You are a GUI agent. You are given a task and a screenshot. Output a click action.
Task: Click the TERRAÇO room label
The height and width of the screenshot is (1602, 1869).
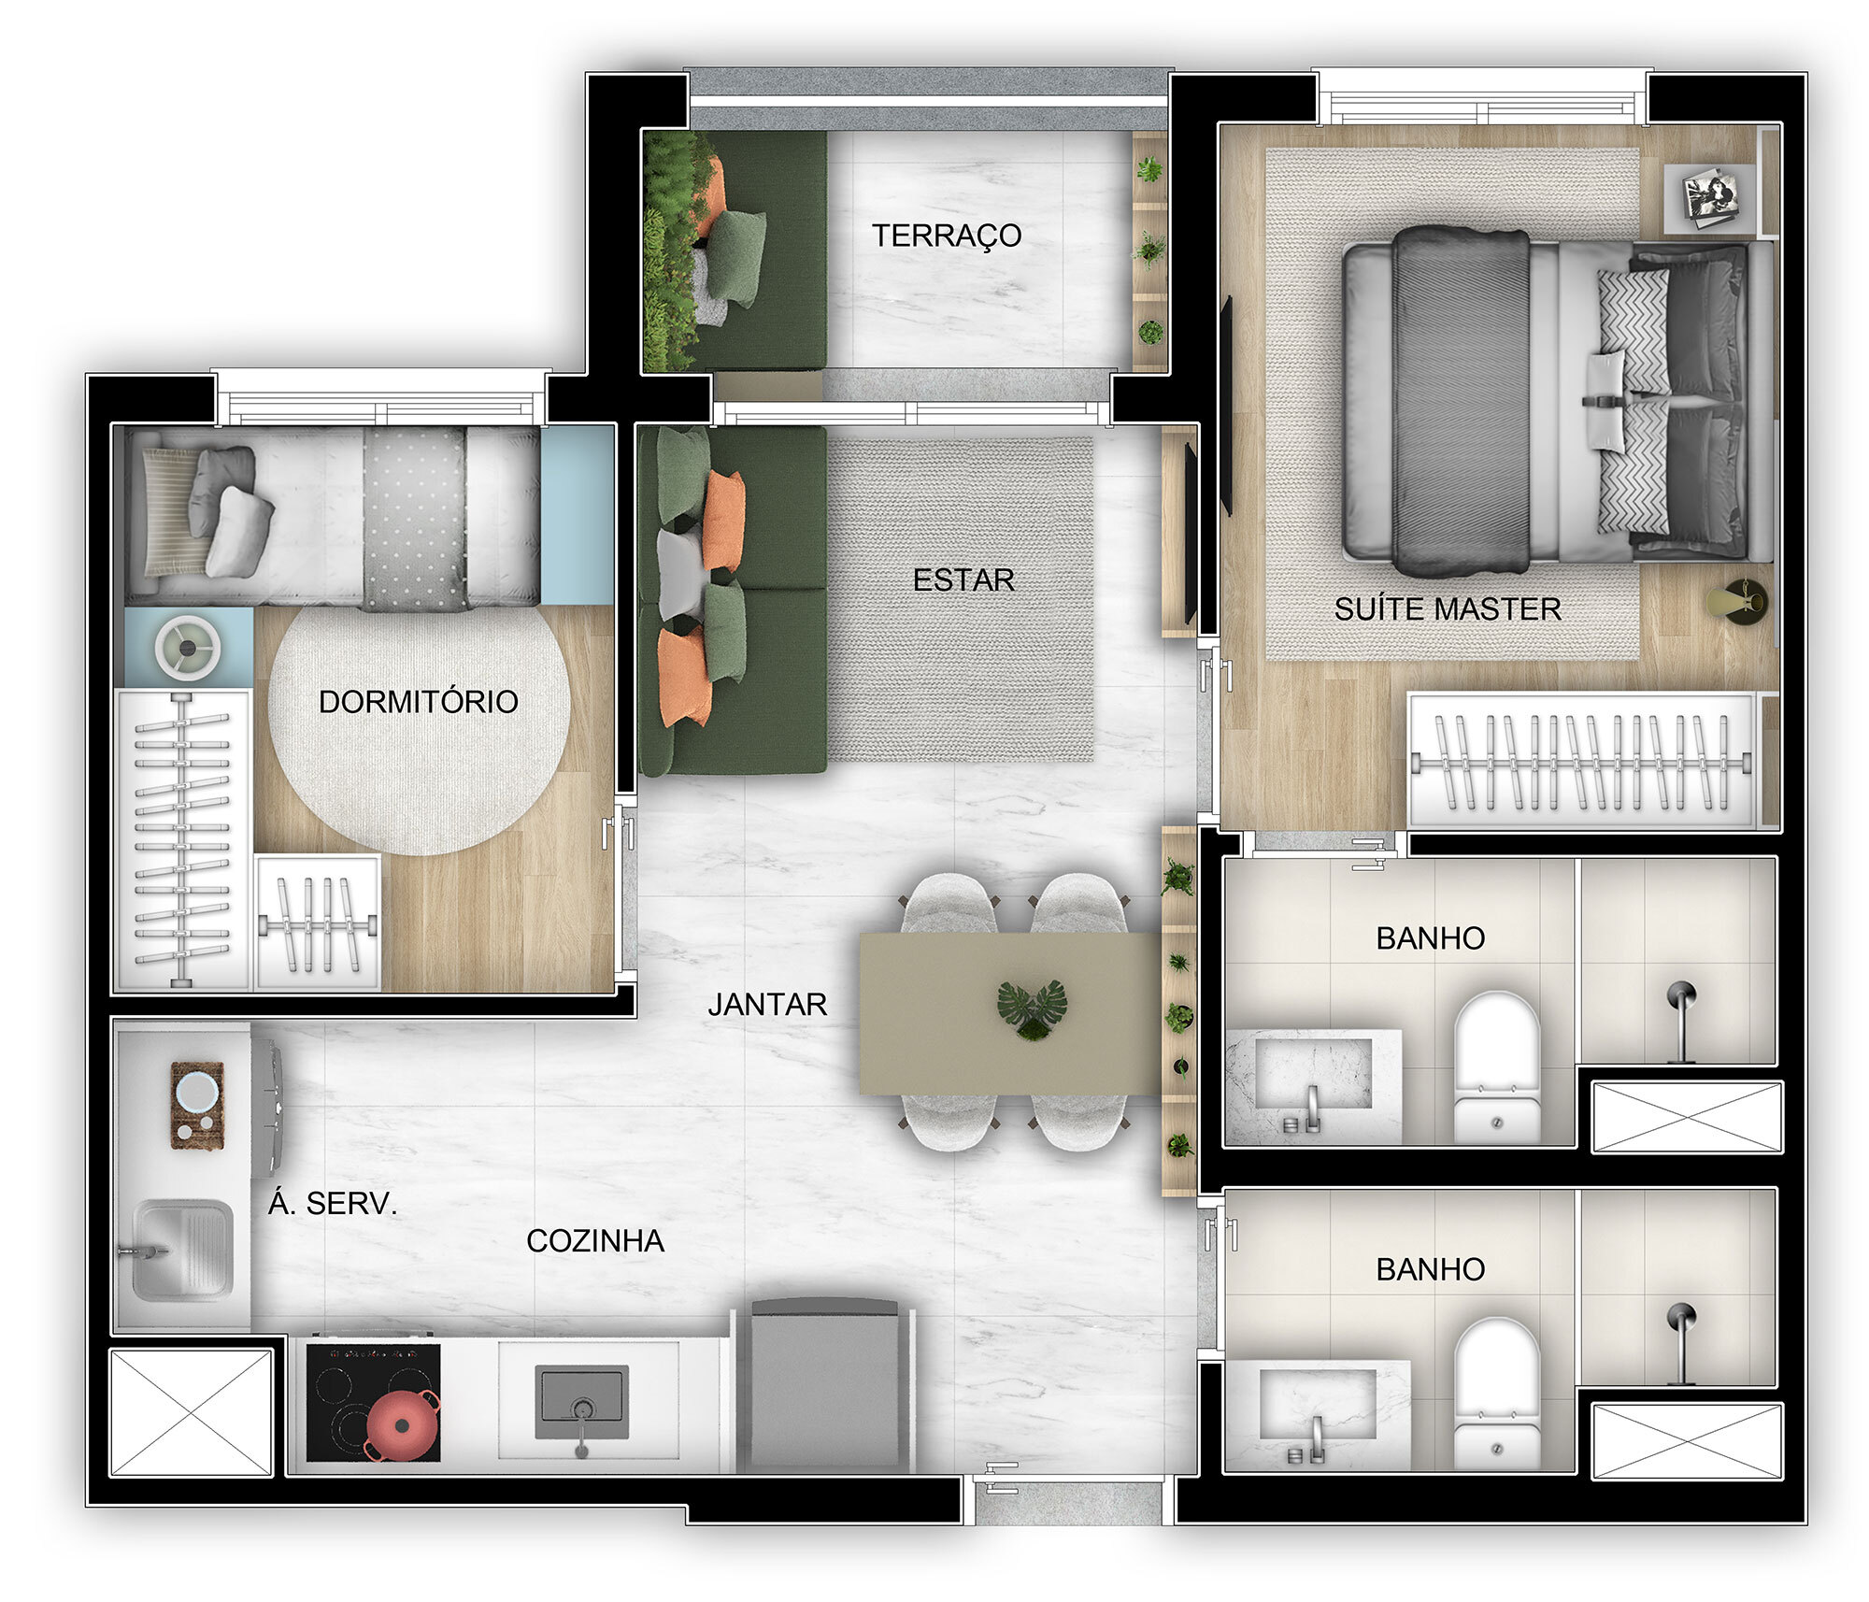(946, 236)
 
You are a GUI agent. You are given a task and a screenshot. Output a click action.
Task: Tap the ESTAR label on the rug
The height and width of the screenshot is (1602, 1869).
(963, 580)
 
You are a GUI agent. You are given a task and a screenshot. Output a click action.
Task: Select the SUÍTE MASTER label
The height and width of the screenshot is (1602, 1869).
(1447, 609)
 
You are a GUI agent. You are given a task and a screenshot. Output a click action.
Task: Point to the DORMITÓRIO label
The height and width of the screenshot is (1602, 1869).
(418, 702)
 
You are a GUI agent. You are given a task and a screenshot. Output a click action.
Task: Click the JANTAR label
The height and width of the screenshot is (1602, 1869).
(766, 1005)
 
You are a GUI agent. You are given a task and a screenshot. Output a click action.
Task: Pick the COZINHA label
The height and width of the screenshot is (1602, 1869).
(594, 1241)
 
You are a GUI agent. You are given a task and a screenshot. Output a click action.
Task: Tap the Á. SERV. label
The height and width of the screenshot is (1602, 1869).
(333, 1204)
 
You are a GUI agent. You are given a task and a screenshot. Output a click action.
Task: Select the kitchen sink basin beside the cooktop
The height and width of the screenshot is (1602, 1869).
(581, 1402)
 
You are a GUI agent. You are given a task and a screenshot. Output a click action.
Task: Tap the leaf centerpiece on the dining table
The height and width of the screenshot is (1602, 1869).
(1032, 1009)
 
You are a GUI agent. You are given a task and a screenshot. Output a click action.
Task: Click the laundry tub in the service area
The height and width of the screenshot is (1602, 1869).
(182, 1250)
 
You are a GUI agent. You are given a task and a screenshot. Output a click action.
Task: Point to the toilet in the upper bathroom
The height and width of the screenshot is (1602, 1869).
(1496, 1066)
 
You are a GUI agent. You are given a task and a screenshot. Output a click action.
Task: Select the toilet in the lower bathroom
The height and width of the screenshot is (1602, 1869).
(1496, 1393)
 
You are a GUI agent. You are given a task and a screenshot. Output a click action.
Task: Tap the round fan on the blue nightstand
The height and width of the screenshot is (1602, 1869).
(188, 647)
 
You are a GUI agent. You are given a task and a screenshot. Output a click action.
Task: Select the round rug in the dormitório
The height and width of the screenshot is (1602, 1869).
(418, 729)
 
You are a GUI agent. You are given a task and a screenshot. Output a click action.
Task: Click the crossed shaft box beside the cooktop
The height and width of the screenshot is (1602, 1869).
(191, 1412)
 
